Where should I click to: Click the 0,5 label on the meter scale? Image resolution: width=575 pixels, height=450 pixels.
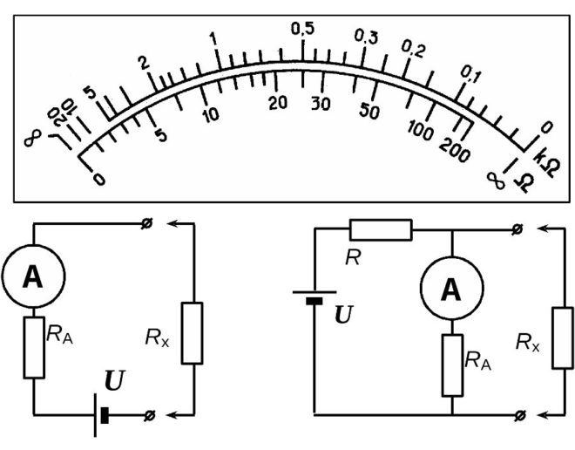pyautogui.click(x=301, y=29)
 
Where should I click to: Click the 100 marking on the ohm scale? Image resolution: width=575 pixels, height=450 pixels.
pyautogui.click(x=420, y=132)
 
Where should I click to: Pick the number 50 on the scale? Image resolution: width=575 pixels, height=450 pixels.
pyautogui.click(x=369, y=111)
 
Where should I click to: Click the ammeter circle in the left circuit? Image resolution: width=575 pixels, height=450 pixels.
pyautogui.click(x=32, y=277)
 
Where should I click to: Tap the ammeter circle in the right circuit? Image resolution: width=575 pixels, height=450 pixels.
pyautogui.click(x=451, y=290)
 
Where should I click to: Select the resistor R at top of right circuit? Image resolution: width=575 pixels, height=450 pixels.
pyautogui.click(x=380, y=230)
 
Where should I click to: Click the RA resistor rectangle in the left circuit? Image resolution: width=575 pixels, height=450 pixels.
pyautogui.click(x=33, y=348)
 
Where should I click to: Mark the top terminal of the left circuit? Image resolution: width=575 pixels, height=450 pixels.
pyautogui.click(x=145, y=225)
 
